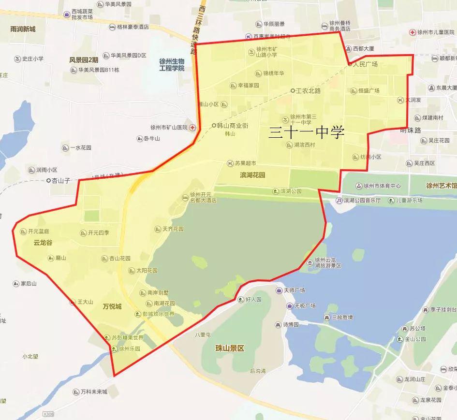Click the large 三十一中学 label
[x=307, y=131]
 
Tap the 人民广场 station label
[x=365, y=64]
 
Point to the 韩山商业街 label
[x=232, y=126]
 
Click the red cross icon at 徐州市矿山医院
[x=193, y=128]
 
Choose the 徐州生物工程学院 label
[x=172, y=65]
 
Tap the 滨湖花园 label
[x=252, y=175]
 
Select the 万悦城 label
[x=112, y=306]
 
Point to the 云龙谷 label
[x=43, y=243]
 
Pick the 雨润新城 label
[x=23, y=29]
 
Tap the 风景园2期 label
[x=84, y=60]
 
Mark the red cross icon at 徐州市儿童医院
[x=412, y=32]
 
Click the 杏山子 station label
[x=61, y=180]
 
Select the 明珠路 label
[x=411, y=130]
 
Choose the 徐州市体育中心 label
[x=382, y=186]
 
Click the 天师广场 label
[x=294, y=290]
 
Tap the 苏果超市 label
[x=245, y=163]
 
